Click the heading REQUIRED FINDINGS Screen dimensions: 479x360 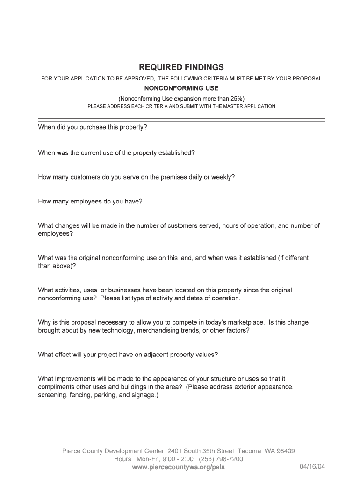click(181, 67)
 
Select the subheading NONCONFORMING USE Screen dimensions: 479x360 click(181, 88)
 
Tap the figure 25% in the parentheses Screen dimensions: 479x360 click(236, 98)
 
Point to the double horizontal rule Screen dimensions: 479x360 click(181, 120)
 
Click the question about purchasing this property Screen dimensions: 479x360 click(93, 127)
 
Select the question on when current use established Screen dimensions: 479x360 click(116, 152)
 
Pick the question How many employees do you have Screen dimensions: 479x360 click(90, 202)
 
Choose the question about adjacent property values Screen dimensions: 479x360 click(128, 355)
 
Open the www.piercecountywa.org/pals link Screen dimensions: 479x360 click(179, 467)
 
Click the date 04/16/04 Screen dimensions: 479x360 click(312, 467)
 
